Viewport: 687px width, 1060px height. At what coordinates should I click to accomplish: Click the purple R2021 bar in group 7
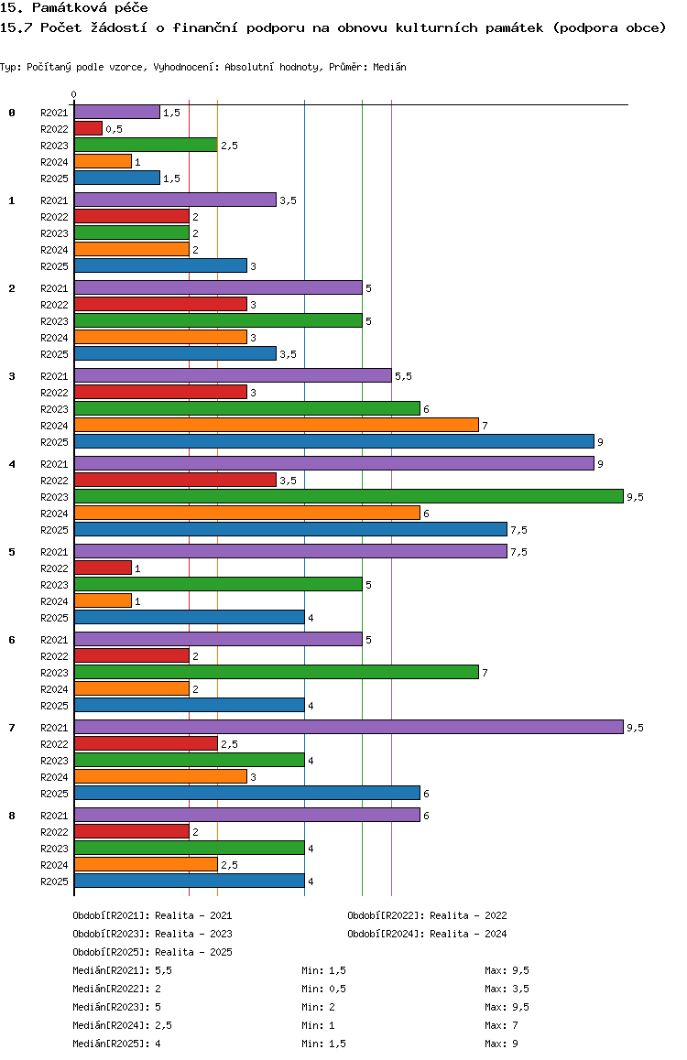349,728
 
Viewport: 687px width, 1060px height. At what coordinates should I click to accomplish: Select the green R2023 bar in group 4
349,497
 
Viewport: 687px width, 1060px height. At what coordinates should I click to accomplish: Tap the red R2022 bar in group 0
88,128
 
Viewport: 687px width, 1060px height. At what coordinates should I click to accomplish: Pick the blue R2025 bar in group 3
334,441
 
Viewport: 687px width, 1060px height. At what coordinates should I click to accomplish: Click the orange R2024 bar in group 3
277,426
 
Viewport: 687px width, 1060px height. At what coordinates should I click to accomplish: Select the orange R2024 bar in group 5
103,601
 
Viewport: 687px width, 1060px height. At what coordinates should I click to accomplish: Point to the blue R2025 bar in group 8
190,881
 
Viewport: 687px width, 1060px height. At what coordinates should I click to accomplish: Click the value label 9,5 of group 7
635,728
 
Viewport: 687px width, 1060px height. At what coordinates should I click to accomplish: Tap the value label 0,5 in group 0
114,129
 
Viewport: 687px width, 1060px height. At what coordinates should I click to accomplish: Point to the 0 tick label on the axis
73,94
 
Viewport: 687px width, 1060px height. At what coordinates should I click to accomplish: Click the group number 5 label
12,552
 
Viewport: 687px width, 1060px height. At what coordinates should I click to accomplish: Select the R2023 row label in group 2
54,321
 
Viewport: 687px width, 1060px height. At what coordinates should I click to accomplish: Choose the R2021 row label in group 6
54,640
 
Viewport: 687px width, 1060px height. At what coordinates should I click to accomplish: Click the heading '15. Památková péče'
73,8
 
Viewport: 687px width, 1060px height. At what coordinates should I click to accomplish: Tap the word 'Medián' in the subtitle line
389,67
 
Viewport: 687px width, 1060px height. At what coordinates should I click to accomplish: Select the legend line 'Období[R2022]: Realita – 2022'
427,915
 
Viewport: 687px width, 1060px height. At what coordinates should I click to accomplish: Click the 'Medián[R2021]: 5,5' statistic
123,970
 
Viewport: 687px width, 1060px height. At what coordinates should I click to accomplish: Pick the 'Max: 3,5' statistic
507,989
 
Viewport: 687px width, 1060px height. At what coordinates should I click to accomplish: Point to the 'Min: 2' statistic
318,1007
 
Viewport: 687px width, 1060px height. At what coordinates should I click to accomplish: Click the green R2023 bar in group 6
277,672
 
